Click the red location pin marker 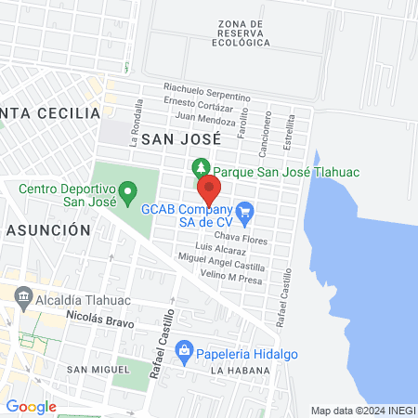[x=210, y=191]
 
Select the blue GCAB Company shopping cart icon [x=245, y=213]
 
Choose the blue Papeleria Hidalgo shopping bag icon [x=185, y=350]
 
